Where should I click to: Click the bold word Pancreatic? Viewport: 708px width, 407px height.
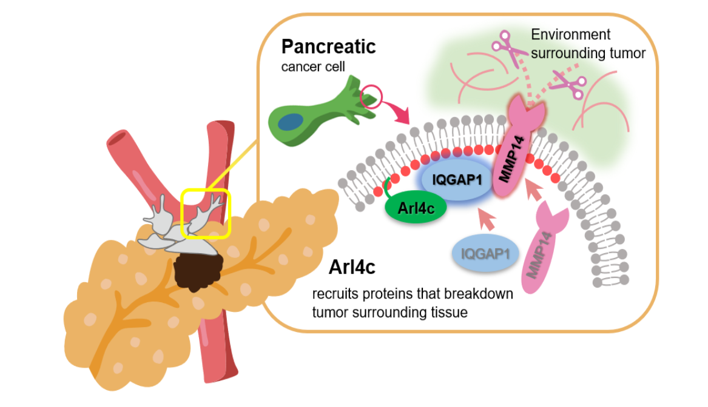coord(329,47)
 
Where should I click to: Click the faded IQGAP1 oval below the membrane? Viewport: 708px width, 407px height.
coord(485,254)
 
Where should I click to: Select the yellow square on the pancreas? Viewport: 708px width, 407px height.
coord(206,213)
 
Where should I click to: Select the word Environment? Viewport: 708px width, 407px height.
coord(570,35)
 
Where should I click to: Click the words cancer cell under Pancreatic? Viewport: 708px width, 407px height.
coord(309,66)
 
